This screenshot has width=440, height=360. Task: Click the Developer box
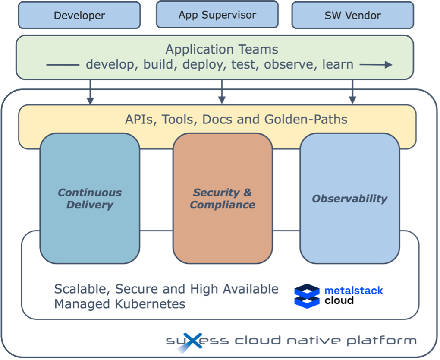coord(79,16)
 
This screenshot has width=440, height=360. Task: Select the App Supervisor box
coord(217,15)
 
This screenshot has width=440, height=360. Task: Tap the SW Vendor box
coord(352,16)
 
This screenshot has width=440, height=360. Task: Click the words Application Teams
coord(222,49)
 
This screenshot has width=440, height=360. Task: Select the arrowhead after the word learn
coord(388,65)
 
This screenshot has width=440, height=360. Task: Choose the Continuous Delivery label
coord(90,199)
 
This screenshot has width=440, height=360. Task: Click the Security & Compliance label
coord(223,199)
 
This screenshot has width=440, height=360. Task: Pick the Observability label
coord(349,199)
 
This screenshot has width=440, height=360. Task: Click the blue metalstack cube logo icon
coord(307,296)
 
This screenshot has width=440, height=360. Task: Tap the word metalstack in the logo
coord(354,291)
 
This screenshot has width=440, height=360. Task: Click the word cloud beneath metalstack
coord(339,300)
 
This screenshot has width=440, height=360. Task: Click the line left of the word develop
coord(63,65)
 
